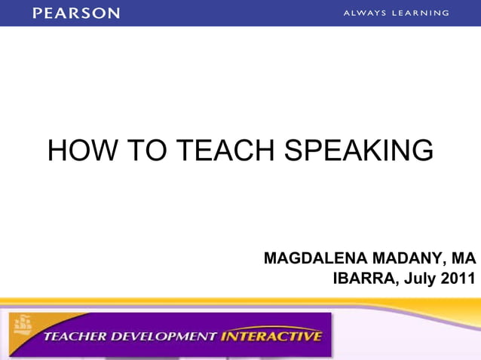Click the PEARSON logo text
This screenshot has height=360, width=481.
point(76,13)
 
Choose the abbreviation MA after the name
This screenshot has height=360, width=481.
point(463,258)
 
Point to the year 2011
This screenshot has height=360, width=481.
point(459,279)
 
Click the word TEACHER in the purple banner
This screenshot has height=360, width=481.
point(75,336)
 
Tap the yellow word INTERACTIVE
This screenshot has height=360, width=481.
point(271,336)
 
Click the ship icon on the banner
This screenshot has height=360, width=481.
point(23,325)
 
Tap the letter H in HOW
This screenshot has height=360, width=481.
point(57,151)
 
